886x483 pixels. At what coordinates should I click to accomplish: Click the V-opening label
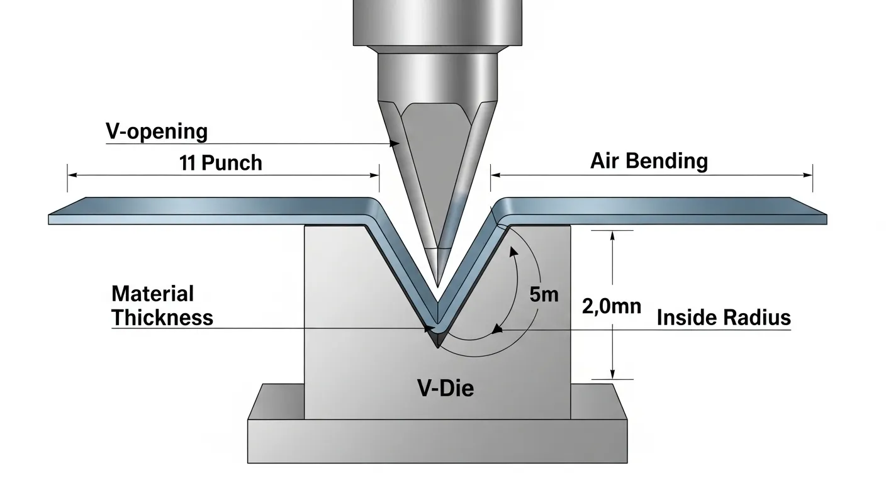(x=156, y=132)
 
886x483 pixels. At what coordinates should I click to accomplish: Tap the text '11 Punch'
(x=220, y=163)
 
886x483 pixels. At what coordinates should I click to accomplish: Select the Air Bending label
(x=649, y=161)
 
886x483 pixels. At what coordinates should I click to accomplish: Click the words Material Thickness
(x=162, y=306)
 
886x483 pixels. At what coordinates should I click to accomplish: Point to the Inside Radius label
(x=724, y=318)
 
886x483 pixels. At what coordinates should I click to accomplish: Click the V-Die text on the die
(x=446, y=388)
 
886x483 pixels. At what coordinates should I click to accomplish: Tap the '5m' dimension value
(x=544, y=294)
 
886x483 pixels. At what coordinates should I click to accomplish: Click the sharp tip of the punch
(x=437, y=286)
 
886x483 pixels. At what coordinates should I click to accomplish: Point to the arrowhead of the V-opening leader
(x=396, y=144)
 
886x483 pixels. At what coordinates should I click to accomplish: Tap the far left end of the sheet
(x=50, y=219)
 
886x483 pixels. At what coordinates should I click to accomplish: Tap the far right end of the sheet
(x=825, y=218)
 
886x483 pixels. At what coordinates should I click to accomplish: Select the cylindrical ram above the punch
(x=437, y=22)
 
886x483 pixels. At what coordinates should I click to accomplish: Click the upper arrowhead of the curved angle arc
(x=513, y=251)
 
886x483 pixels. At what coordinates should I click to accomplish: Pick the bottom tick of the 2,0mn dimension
(x=612, y=379)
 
